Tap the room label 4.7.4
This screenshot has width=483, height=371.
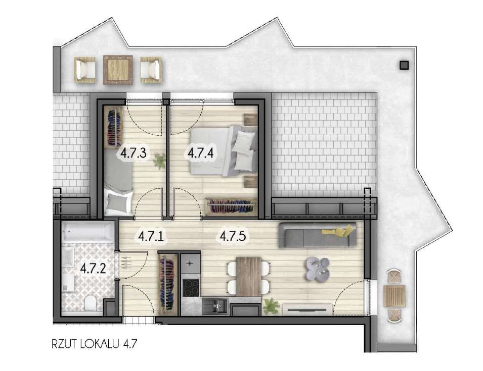coord(199,152)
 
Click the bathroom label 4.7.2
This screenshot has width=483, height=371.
coord(93,268)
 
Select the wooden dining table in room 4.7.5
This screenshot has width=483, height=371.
coord(248,275)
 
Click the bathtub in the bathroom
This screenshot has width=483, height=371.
coord(89,233)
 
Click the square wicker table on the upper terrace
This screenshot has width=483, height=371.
coord(118,70)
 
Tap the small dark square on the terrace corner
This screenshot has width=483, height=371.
coord(403,65)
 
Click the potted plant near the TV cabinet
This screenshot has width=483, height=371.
coord(271,304)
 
